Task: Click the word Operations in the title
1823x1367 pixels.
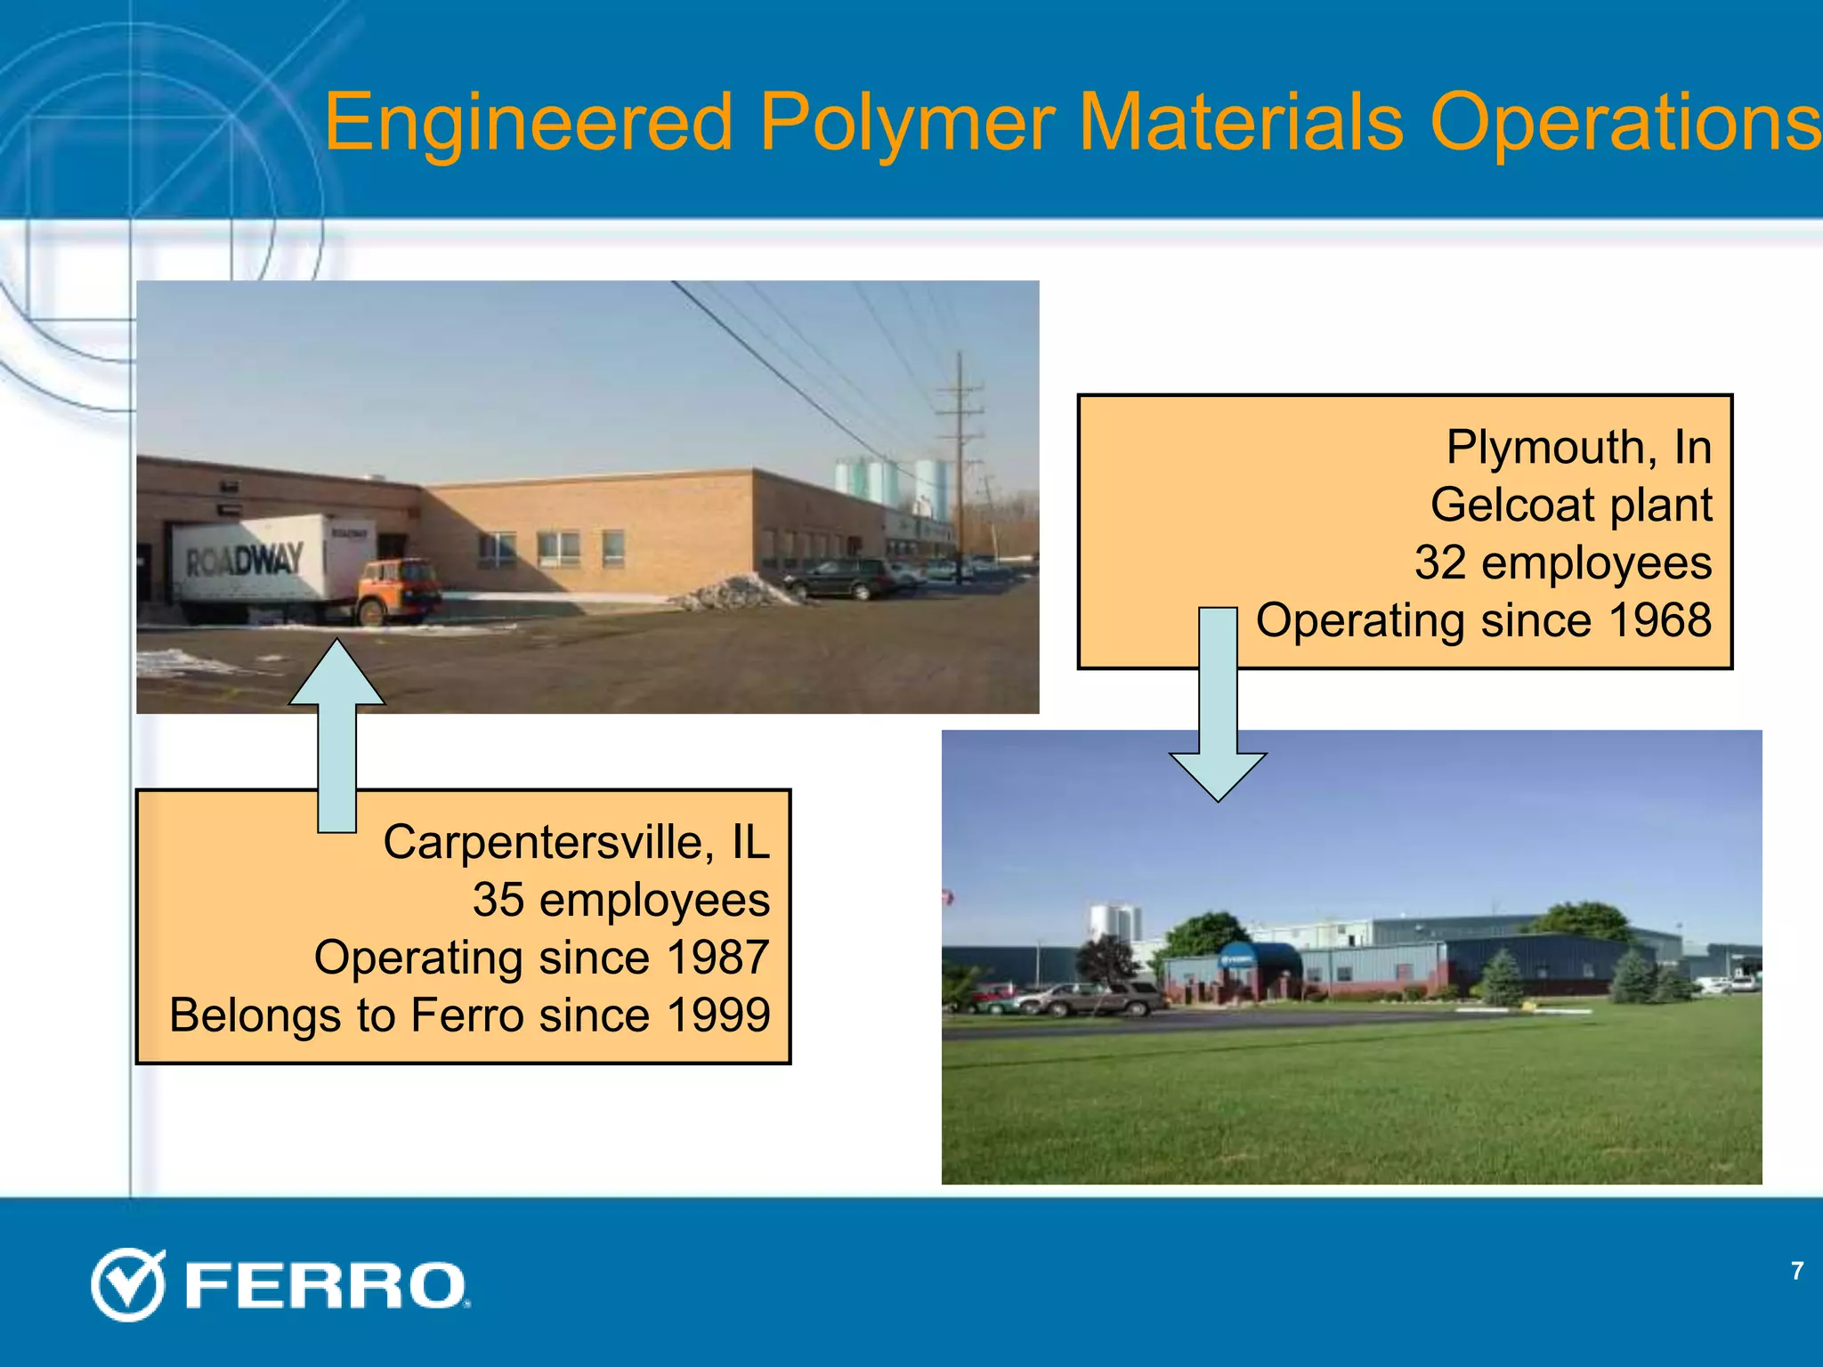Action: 1624,123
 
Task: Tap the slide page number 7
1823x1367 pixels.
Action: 1797,1271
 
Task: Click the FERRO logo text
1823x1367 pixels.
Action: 326,1286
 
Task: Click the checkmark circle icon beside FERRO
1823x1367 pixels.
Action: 128,1284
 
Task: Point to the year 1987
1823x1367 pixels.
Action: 717,958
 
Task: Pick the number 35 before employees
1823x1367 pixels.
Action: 498,900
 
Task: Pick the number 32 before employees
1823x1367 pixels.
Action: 1440,562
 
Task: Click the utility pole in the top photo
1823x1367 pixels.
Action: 960,463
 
